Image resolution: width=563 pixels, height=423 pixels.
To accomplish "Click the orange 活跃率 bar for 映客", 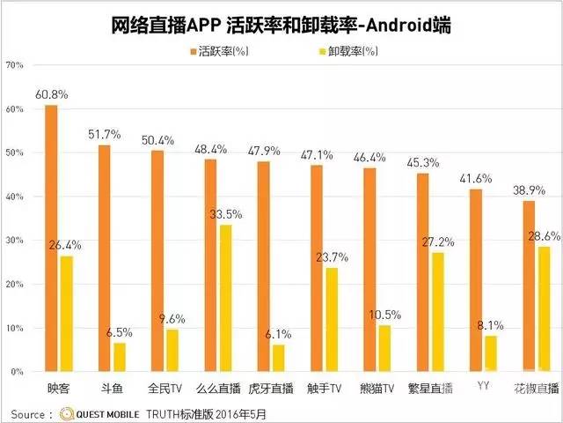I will point(51,238).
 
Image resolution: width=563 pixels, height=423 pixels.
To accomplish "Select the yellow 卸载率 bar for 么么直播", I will point(225,298).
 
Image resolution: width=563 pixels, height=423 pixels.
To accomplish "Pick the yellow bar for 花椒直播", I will point(545,308).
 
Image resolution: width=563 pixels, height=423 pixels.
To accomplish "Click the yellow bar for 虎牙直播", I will point(278,358).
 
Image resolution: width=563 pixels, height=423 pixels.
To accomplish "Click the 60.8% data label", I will point(52,94).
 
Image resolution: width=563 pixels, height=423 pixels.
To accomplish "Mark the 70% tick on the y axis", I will point(15,65).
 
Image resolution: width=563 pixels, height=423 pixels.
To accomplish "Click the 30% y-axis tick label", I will point(15,241).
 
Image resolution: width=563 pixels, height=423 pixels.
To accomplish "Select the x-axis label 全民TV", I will point(164,387).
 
